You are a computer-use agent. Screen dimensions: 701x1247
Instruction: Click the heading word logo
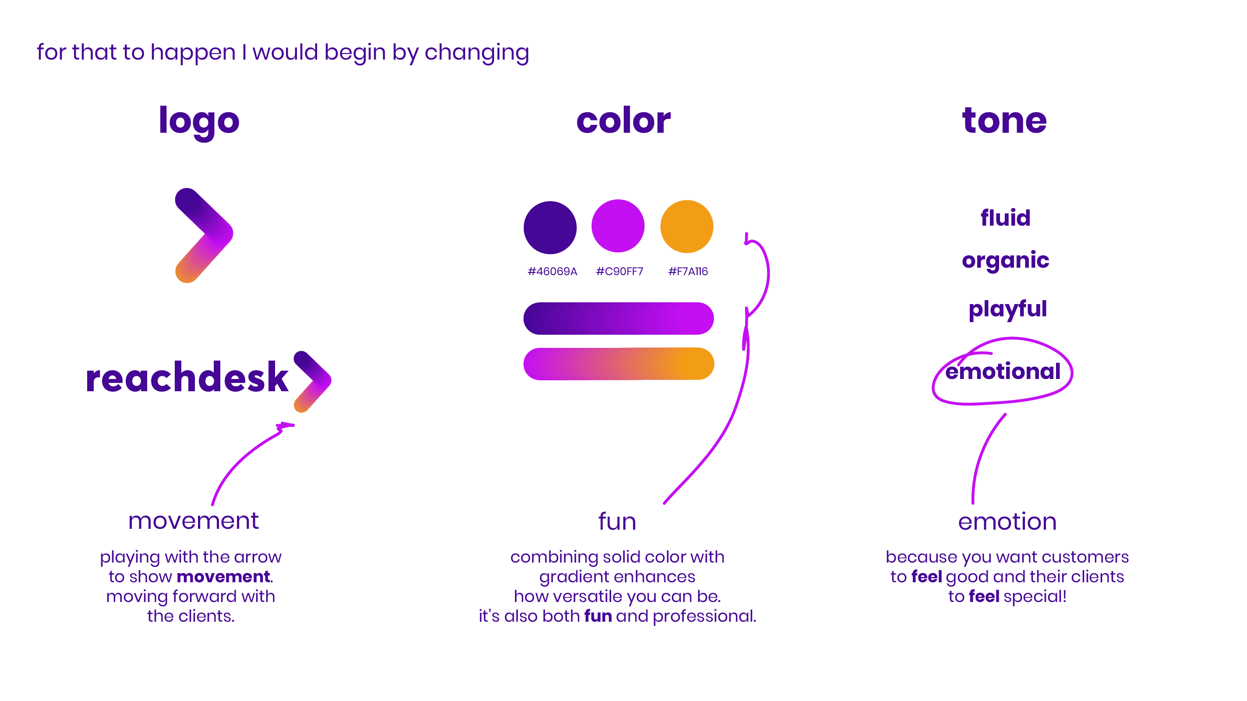(199, 121)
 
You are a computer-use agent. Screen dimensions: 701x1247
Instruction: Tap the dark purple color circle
(550, 227)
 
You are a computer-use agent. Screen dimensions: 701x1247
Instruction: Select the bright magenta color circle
(618, 226)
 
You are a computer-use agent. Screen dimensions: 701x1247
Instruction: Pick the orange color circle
(686, 227)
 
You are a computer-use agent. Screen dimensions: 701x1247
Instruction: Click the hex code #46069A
(552, 272)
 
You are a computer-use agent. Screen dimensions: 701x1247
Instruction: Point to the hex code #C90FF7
(619, 272)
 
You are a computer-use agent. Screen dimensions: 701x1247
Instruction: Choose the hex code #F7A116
(688, 272)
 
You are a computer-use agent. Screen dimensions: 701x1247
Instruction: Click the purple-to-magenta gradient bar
(618, 319)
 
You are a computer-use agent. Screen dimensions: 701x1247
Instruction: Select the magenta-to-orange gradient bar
(618, 364)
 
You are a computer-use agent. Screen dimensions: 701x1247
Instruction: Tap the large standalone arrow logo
(204, 235)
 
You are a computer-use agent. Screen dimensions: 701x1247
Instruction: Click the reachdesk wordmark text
(187, 378)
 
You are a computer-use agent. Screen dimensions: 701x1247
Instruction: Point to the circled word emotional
(1003, 372)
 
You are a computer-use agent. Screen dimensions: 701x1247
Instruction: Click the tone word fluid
(1005, 218)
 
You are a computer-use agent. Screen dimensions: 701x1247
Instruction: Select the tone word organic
(1005, 260)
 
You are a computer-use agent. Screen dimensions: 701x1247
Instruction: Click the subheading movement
(193, 521)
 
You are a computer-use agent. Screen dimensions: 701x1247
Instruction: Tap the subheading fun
(617, 521)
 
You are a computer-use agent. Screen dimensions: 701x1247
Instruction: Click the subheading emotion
(1007, 521)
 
